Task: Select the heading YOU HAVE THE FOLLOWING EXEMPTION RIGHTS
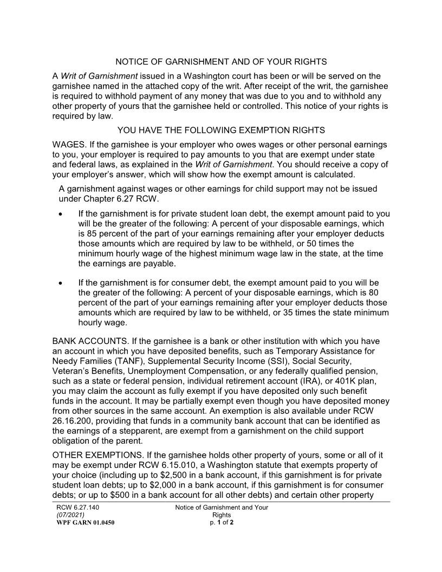pyautogui.click(x=221, y=130)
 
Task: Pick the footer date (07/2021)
pyautogui.click(x=70, y=515)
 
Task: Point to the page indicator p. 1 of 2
pyautogui.click(x=221, y=523)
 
